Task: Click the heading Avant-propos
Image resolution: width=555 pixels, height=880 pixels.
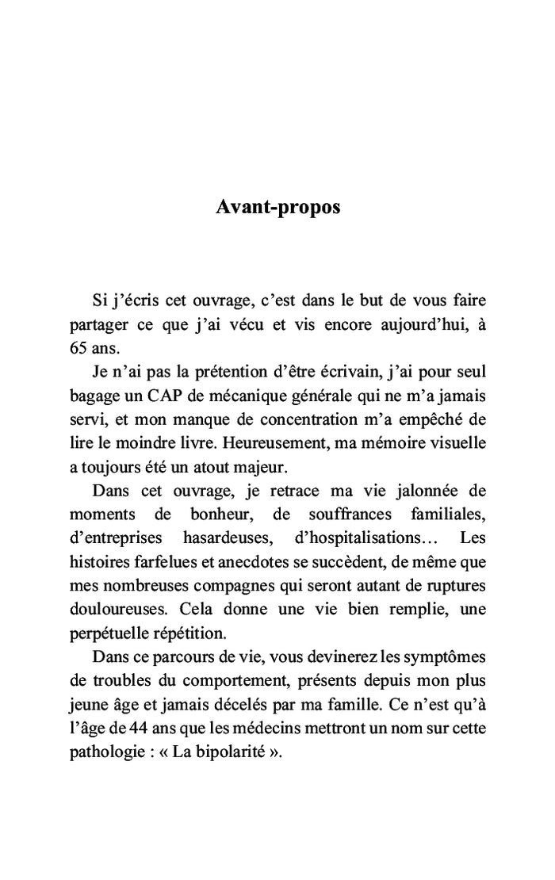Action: click(277, 208)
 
